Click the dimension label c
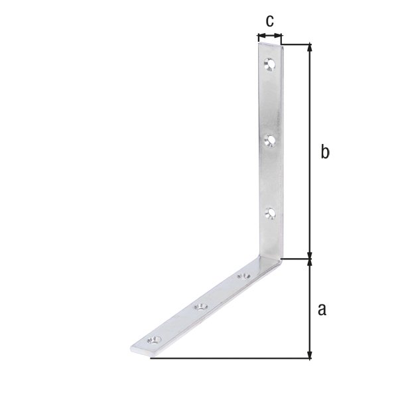269,21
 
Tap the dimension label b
324,152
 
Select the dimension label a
323,308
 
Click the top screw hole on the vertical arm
269,64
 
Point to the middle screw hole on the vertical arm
269,139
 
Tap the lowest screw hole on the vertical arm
269,213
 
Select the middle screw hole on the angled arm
200,306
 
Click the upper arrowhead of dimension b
309,48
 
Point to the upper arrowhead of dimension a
309,263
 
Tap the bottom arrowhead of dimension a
309,356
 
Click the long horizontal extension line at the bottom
232,359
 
